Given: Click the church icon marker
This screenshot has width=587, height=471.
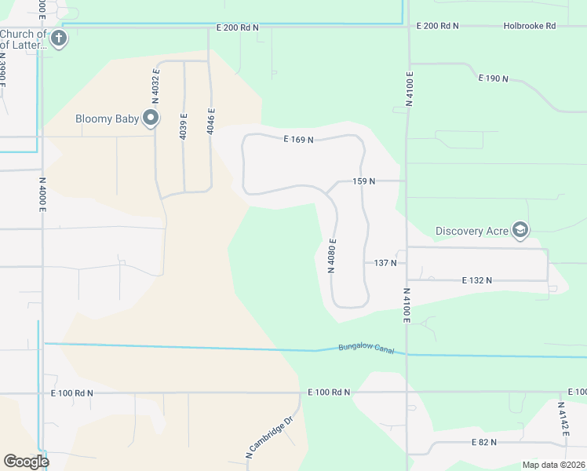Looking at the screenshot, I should pos(59,38).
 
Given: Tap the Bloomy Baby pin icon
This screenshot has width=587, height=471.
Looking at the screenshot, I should pos(151,119).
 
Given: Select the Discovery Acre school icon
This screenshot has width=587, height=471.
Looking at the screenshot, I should pos(520,230).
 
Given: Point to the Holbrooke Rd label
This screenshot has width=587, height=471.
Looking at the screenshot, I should pos(529,26).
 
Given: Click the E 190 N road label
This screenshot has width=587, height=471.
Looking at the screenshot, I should pos(494,78).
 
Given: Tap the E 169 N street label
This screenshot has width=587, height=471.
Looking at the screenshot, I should pos(298,140).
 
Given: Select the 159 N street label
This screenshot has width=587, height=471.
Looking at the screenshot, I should pos(364,181).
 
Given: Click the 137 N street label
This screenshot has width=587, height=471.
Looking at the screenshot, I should pos(385,263).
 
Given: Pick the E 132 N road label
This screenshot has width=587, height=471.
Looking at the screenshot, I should pos(477,280).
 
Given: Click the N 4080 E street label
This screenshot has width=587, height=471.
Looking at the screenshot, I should pos(333,256).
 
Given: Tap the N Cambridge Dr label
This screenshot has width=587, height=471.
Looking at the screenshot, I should pos(268,437).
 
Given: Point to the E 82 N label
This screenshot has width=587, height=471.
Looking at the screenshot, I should pos(484,443).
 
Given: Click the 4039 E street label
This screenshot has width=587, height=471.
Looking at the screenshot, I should pos(184,126).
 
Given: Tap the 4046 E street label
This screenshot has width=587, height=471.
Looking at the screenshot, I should pos(211,122).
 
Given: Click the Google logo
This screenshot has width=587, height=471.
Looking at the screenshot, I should pos(26,461).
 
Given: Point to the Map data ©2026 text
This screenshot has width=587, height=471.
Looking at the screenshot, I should pos(553,465).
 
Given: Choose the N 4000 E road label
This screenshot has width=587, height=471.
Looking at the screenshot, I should pos(42,195).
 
